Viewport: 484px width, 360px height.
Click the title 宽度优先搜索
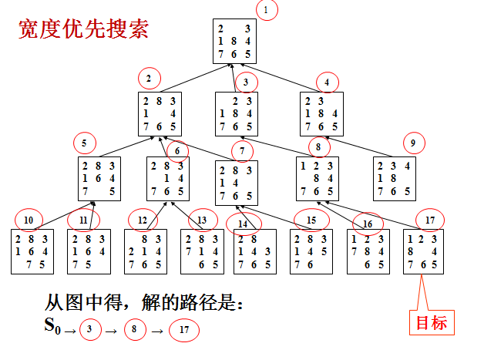tap(84, 31)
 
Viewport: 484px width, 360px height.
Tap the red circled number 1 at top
tap(266, 11)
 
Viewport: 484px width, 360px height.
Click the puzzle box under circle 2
tap(160, 115)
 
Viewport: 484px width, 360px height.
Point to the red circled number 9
tap(414, 143)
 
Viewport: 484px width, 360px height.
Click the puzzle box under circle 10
tap(32, 251)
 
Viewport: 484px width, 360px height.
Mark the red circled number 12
tap(143, 220)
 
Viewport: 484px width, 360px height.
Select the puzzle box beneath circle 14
tap(254, 251)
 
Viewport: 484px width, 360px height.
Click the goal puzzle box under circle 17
tap(423, 251)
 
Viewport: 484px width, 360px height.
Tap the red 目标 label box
tap(431, 322)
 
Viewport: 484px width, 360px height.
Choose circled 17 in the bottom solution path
tap(184, 331)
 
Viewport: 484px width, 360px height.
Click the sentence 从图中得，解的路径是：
tap(144, 303)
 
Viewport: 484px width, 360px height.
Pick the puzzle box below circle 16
tap(367, 251)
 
